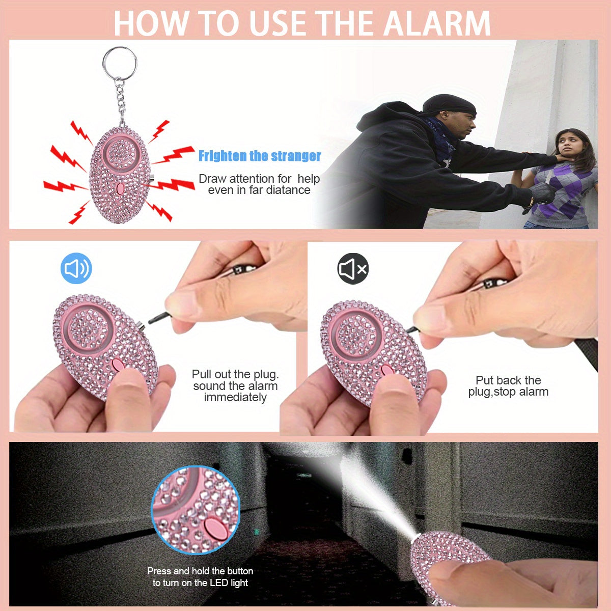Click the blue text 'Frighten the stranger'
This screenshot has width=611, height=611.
coord(260,156)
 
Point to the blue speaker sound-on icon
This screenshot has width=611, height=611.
coord(76,268)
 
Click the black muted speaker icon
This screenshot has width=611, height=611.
coord(353,269)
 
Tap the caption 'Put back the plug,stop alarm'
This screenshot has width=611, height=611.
coord(508,386)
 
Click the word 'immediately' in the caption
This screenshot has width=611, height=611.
coord(235,398)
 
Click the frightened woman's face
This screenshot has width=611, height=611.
coord(569,145)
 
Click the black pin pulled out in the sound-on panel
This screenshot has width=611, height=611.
coord(159,317)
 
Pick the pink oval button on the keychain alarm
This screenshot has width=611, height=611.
coord(120,189)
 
